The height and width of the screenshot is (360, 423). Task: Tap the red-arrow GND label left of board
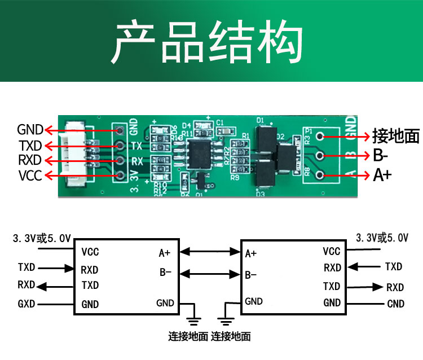click(x=29, y=130)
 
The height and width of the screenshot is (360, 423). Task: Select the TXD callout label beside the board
click(x=29, y=146)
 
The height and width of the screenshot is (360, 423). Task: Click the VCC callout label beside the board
click(x=30, y=175)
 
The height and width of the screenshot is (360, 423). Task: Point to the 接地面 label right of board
click(x=396, y=136)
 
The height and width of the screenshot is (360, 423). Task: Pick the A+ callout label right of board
click(x=382, y=175)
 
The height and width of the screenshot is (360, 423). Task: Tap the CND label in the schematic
click(x=395, y=304)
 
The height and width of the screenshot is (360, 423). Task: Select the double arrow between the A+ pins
click(x=210, y=252)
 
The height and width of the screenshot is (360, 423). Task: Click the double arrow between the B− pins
click(x=210, y=274)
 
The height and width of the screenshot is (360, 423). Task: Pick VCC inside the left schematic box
click(x=90, y=252)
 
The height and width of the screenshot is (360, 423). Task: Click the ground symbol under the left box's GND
click(x=193, y=319)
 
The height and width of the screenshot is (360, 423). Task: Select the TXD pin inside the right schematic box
click(x=332, y=286)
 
